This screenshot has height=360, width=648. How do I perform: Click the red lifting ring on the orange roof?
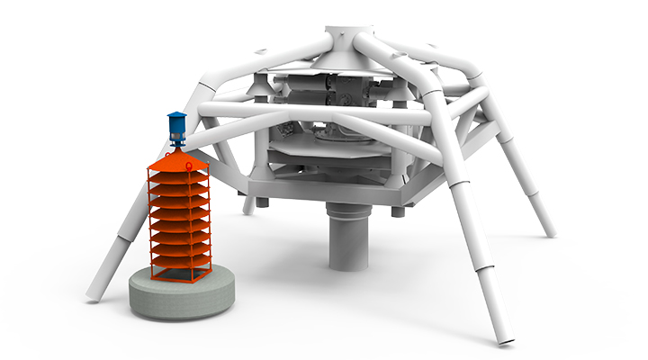(177, 150)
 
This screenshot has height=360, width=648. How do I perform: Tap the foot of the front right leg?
(504, 337)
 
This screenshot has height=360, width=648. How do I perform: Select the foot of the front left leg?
(94, 293)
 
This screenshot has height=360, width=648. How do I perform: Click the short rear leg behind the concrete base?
(247, 204)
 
